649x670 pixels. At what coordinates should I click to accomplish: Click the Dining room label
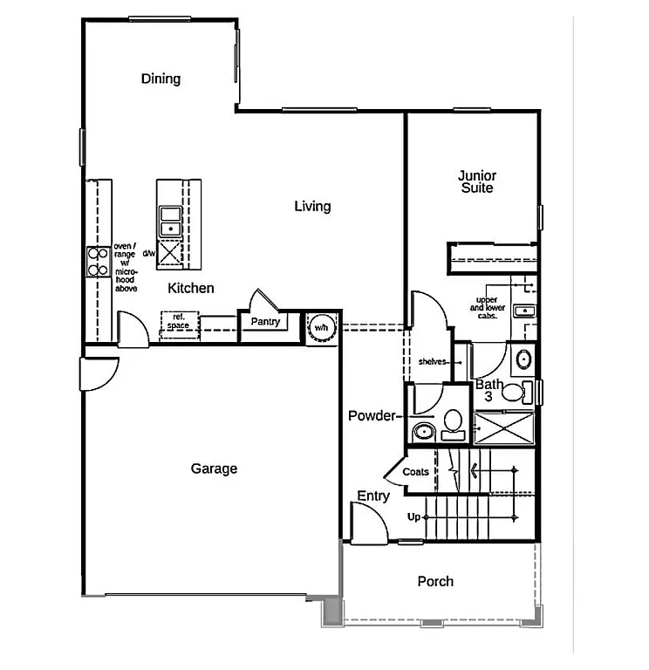click(x=161, y=79)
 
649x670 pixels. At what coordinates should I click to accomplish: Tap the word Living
click(x=312, y=206)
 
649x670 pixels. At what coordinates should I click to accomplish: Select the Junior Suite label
click(x=476, y=181)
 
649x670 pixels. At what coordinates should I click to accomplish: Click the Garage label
click(x=214, y=468)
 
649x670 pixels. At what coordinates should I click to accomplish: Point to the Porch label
click(x=435, y=581)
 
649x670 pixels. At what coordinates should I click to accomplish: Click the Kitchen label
click(x=191, y=288)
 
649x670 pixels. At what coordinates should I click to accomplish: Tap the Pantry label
click(x=264, y=322)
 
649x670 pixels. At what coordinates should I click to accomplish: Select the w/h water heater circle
click(x=321, y=327)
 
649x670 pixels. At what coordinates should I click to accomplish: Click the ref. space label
click(x=178, y=321)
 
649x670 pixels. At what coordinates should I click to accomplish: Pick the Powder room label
click(x=372, y=415)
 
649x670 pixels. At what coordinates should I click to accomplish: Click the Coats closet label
click(x=416, y=472)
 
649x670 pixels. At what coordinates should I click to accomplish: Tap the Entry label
click(x=373, y=496)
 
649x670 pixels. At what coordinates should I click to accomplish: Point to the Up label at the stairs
click(x=414, y=517)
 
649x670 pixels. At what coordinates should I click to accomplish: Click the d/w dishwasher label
click(x=148, y=254)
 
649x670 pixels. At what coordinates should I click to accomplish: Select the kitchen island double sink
click(x=169, y=222)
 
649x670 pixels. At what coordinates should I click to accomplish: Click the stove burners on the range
click(x=97, y=262)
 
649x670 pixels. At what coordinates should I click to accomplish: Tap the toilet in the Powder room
click(x=453, y=423)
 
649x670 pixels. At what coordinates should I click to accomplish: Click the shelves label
click(x=432, y=361)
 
